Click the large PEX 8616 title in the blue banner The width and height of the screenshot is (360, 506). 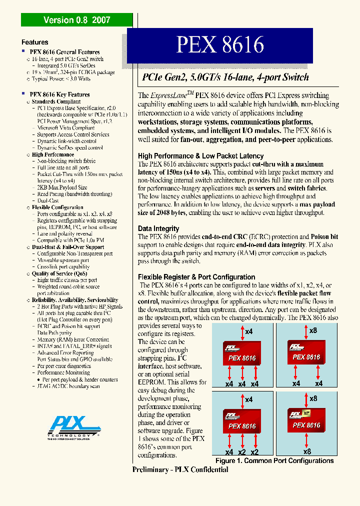click(219, 45)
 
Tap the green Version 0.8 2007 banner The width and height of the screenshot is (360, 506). click(77, 20)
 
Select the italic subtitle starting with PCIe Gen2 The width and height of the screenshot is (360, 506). click(225, 77)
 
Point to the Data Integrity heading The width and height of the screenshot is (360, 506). click(158, 228)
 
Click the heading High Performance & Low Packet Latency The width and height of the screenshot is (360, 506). click(200, 156)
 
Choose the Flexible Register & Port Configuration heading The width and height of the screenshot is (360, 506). click(196, 277)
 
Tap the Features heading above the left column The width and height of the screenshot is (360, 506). click(35, 42)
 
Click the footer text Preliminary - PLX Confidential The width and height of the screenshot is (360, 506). click(180, 469)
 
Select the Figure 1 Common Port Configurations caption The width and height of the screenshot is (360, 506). click(274, 460)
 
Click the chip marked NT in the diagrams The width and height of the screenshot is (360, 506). click(306, 420)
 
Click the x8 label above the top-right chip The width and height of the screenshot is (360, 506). click(313, 330)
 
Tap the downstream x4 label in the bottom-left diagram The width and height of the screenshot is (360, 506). click(229, 452)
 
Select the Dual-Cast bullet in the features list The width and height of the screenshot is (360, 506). click(48, 200)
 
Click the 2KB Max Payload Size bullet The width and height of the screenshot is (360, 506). click(62, 187)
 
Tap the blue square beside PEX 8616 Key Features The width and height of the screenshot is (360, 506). click(23, 93)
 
